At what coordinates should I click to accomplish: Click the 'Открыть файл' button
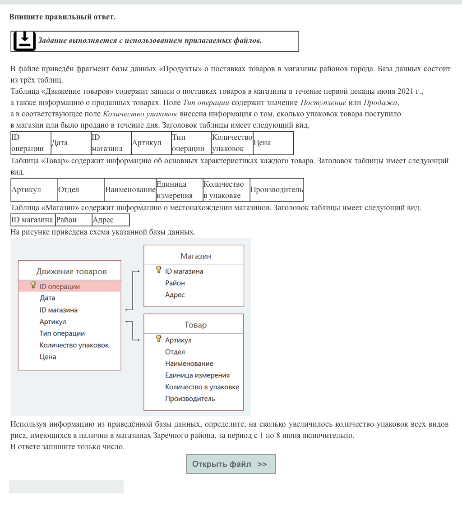(x=231, y=464)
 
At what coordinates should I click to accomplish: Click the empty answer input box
(x=66, y=487)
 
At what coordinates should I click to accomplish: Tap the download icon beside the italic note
(x=24, y=41)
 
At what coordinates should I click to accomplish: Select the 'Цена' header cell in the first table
(x=273, y=143)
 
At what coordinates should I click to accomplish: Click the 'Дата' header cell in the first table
(x=70, y=143)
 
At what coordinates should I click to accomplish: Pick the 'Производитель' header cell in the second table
(x=276, y=190)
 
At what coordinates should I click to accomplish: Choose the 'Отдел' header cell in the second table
(x=81, y=190)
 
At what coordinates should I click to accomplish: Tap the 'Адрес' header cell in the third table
(x=110, y=220)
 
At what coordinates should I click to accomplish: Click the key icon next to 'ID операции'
(x=33, y=285)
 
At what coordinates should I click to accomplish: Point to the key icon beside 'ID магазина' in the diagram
(x=158, y=270)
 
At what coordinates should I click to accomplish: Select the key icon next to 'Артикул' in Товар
(x=158, y=339)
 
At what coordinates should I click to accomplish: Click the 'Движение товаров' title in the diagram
(x=71, y=271)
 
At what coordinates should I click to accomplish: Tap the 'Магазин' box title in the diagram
(x=196, y=256)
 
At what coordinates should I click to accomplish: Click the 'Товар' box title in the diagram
(x=195, y=325)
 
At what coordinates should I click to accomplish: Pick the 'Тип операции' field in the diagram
(x=62, y=334)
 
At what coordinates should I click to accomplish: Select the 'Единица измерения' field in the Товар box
(x=197, y=375)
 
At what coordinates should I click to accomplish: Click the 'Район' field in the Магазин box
(x=175, y=283)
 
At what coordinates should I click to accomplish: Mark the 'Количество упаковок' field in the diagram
(x=74, y=345)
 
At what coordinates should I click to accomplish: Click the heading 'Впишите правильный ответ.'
(x=62, y=17)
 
